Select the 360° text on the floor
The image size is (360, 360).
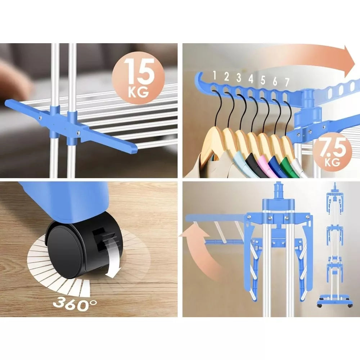[x=75, y=303]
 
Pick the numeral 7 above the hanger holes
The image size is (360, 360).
[x=287, y=82]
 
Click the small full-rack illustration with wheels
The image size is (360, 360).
[x=335, y=245]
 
